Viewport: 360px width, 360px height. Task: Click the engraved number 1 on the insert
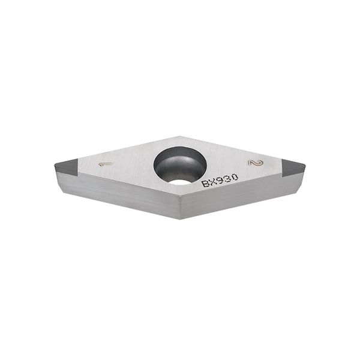click(106, 164)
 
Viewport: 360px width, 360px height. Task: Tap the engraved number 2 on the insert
click(256, 163)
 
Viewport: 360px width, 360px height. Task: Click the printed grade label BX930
click(220, 181)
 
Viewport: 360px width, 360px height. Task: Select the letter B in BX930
click(205, 184)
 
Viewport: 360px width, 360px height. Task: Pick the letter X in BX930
click(213, 182)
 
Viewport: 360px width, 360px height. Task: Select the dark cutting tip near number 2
click(293, 168)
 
